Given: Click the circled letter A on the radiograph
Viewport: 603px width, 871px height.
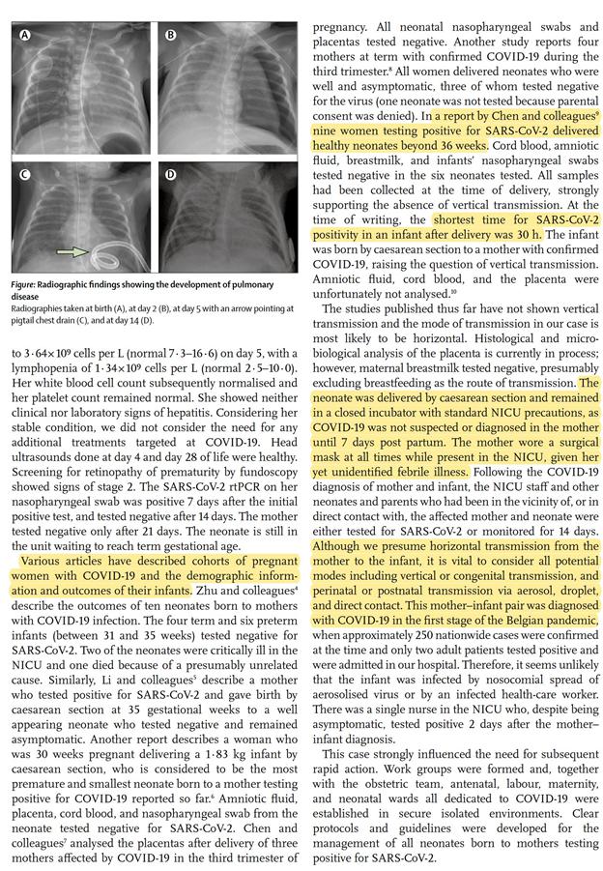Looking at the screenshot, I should [x=26, y=36].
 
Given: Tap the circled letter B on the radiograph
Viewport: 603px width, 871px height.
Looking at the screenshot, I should [x=171, y=36].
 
